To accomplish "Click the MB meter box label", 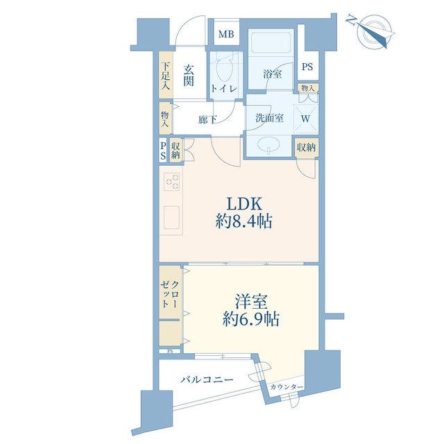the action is click(226, 35).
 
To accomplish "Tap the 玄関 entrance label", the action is click(188, 76).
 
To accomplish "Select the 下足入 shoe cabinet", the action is click(166, 75).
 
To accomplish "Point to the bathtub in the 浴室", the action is click(271, 42).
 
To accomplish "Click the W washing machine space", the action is click(305, 119).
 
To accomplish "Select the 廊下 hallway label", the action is click(207, 120).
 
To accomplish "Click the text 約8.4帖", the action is click(244, 221).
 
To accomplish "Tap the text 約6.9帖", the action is click(251, 319).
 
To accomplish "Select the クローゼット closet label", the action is click(169, 295).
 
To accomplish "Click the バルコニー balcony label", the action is click(207, 379).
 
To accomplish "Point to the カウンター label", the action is click(287, 387).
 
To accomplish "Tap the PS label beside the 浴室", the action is click(307, 67).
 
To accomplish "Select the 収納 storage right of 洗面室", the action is click(306, 148).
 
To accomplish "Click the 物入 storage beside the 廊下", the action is click(166, 119).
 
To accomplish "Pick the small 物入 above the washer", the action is click(308, 88).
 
